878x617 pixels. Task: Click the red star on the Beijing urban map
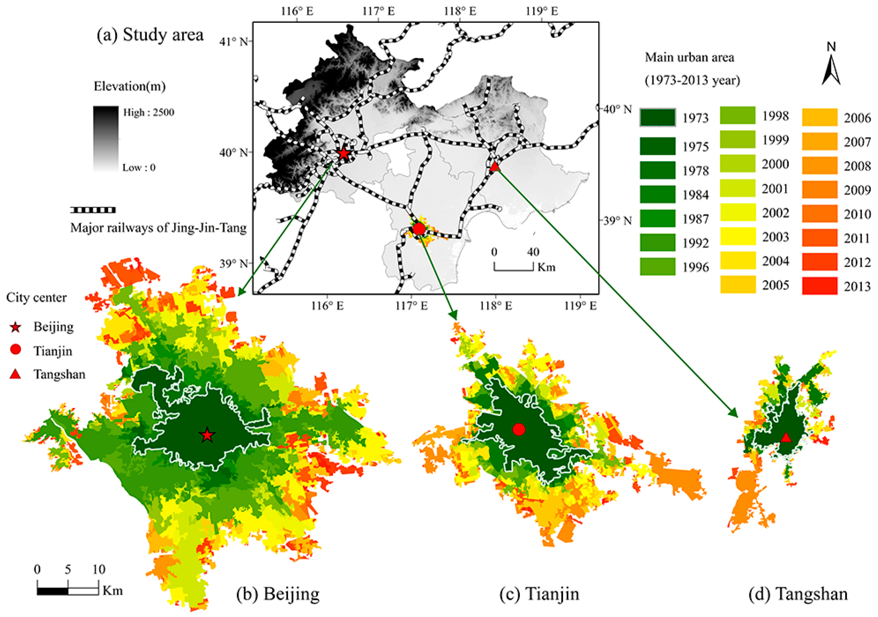point(207,435)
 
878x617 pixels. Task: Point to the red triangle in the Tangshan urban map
point(785,437)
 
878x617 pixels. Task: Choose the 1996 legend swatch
point(657,267)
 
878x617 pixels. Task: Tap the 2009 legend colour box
point(819,190)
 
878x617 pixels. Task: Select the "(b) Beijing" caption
point(278,594)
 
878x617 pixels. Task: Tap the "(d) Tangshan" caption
point(798,594)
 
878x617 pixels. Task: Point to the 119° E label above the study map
point(542,11)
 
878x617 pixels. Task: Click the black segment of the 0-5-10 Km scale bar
point(53,591)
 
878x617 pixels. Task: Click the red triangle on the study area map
point(494,166)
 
